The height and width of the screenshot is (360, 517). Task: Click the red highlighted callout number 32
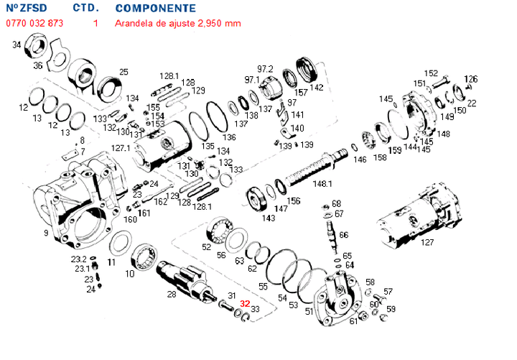coord(245,303)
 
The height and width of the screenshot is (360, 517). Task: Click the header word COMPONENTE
coord(155,9)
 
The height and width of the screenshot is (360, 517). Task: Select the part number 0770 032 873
coord(35,23)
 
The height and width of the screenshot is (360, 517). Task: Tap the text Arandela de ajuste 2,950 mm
coord(178,23)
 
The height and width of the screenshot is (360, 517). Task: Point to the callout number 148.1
coord(323,184)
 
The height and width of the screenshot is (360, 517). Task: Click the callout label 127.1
coord(121,148)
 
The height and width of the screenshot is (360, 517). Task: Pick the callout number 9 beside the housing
coord(46,233)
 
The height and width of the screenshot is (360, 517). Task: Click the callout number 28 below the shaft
coord(172,295)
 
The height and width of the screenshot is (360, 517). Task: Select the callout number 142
coord(316,88)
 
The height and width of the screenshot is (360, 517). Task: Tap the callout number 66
coord(343,235)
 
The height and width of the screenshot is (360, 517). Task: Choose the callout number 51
coord(309,311)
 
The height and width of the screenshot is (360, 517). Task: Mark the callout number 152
coord(431,73)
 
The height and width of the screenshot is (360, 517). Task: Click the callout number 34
coord(17,45)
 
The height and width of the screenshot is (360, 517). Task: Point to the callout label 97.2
coord(266,68)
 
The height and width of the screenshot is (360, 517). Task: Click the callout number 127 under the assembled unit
coord(427,243)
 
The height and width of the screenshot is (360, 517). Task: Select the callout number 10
coord(130,274)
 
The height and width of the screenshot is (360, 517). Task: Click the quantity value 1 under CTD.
coord(96,23)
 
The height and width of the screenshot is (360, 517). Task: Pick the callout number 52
coord(206,246)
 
